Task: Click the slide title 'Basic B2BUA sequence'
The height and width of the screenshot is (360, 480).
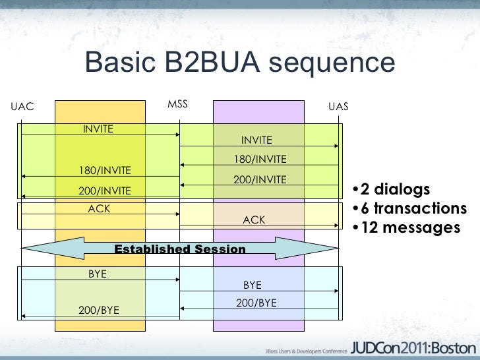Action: [x=239, y=63]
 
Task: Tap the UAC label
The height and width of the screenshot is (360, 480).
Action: [x=22, y=106]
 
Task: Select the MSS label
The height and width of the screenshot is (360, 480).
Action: [x=177, y=104]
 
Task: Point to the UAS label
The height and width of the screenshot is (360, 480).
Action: [x=338, y=106]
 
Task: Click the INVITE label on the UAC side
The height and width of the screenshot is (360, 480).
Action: [x=98, y=129]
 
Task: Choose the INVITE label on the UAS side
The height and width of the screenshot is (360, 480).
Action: [x=256, y=140]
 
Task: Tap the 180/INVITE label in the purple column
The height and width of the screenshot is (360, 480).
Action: [x=260, y=160]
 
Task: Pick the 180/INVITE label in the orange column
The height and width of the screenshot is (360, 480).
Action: [x=105, y=171]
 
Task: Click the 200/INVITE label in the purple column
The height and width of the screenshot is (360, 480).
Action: [x=260, y=179]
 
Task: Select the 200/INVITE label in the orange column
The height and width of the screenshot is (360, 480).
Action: [x=105, y=191]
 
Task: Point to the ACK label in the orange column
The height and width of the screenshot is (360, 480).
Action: [x=100, y=209]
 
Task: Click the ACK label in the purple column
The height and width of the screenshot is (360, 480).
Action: [x=255, y=220]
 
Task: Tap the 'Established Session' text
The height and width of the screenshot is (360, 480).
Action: [x=180, y=249]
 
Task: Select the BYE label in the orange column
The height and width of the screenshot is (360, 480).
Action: [x=98, y=274]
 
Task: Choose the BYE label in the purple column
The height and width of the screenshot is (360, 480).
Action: [x=253, y=285]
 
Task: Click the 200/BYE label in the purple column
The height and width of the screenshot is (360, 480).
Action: [x=256, y=303]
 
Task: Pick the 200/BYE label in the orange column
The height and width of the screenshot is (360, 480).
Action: [x=99, y=309]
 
